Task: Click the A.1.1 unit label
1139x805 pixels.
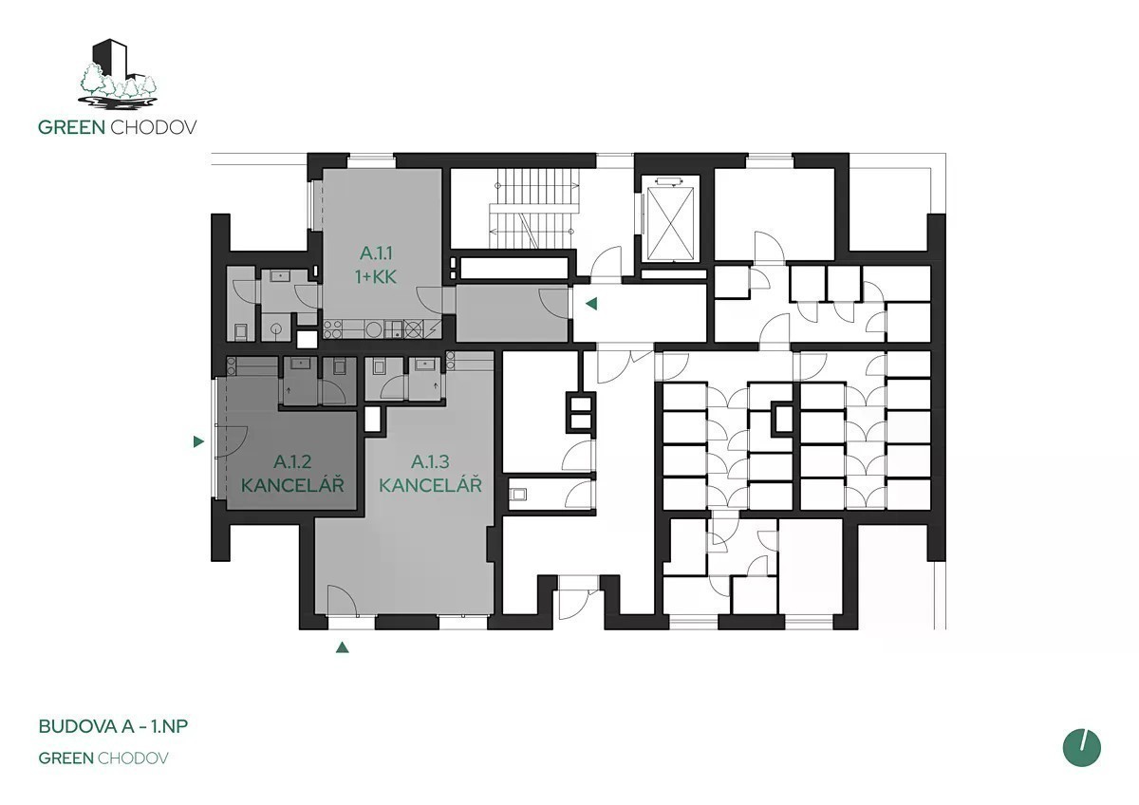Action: tap(376, 253)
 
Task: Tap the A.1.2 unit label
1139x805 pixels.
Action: tap(292, 461)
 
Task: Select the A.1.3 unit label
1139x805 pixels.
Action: tap(430, 461)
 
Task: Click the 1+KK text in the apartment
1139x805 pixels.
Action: tap(376, 277)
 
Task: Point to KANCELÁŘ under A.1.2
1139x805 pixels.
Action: tap(292, 485)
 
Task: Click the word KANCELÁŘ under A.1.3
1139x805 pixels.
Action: tap(430, 485)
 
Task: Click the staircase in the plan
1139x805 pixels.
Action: tap(533, 209)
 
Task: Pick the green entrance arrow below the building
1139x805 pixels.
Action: tap(343, 647)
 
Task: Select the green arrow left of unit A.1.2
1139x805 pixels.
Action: tap(198, 441)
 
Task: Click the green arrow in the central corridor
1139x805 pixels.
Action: tap(590, 304)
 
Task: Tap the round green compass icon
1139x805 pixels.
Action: tap(1081, 747)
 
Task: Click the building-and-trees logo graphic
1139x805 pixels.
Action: tap(118, 74)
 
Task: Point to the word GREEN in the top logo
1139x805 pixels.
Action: tap(72, 127)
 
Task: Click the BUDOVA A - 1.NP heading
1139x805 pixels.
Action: tap(113, 726)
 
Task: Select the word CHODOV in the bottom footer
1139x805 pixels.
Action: tap(133, 758)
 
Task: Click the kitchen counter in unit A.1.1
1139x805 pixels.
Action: tap(382, 329)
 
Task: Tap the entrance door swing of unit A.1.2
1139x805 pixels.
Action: tap(232, 441)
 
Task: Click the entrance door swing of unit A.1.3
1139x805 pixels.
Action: tap(342, 601)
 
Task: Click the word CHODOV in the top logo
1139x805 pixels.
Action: tap(154, 127)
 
